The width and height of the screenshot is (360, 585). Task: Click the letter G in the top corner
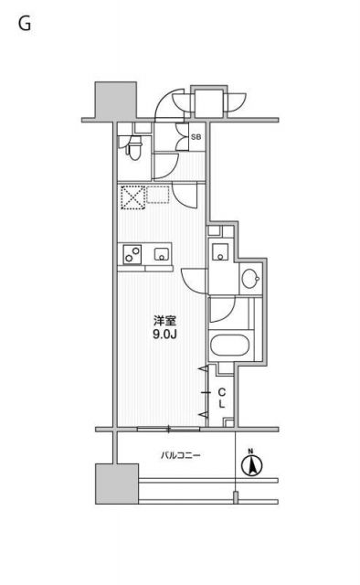pyautogui.click(x=25, y=25)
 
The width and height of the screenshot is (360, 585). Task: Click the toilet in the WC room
pyautogui.click(x=133, y=144)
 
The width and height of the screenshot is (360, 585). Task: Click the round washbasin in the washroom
pyautogui.click(x=249, y=280)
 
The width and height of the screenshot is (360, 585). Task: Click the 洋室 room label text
pyautogui.click(x=164, y=321)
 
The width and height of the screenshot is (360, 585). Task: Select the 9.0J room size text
pyautogui.click(x=164, y=335)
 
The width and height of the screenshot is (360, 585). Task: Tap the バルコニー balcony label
pyautogui.click(x=181, y=454)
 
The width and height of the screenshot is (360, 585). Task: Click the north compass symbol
pyautogui.click(x=249, y=464)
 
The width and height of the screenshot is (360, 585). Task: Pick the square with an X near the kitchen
pyautogui.click(x=133, y=197)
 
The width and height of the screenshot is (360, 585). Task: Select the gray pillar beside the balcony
pyautogui.click(x=115, y=482)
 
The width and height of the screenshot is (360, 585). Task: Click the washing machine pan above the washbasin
pyautogui.click(x=221, y=254)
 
